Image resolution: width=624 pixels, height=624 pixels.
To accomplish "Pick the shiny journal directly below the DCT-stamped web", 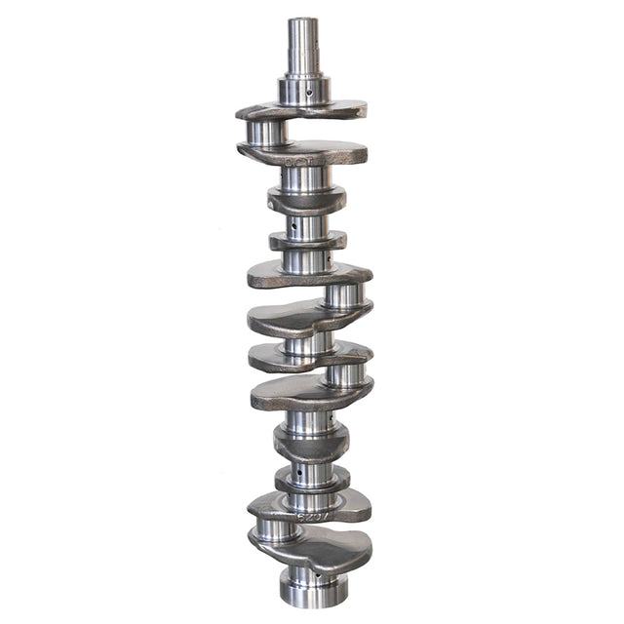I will [305, 178].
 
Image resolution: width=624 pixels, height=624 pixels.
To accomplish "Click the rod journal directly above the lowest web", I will [278, 529].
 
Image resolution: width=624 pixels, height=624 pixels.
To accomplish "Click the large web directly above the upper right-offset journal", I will [307, 274].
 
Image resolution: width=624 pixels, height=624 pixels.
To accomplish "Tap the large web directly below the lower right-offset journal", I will [310, 393].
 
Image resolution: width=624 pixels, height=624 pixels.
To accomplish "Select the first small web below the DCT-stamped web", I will [306, 201].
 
